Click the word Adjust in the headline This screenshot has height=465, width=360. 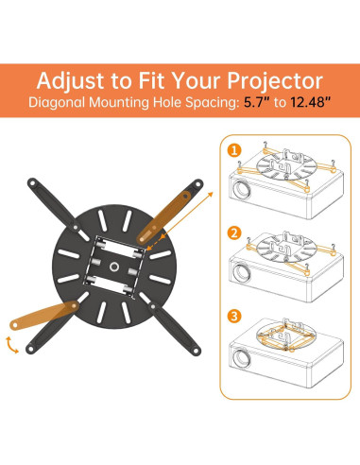point(70,81)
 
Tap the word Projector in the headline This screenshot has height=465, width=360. point(275,81)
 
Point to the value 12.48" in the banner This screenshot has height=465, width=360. point(310,102)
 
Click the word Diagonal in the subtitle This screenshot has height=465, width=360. point(57,103)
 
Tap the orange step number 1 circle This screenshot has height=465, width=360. point(234,151)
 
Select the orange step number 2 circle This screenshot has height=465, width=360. point(234,233)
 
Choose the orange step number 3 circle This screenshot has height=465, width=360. point(234,316)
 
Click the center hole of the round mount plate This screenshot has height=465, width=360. point(114,267)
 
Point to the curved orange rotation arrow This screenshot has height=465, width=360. point(10,345)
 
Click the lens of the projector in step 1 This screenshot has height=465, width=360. point(242,189)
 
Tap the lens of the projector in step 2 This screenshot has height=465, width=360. point(242,272)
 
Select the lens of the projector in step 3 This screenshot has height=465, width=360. point(242,358)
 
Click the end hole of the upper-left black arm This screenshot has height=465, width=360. point(32,182)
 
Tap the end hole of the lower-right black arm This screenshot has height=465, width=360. point(196,351)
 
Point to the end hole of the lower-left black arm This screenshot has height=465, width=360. point(31,349)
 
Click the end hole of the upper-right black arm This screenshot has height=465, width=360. point(198,183)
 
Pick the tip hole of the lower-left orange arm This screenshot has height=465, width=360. point(15,324)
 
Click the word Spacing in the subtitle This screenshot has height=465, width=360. point(212,103)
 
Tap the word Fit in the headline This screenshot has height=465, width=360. point(151,80)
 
